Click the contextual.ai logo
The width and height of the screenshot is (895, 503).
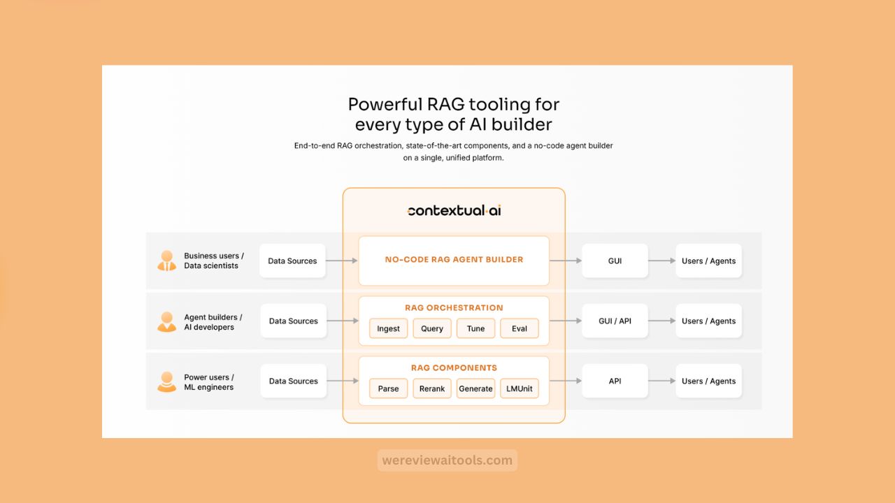(x=454, y=210)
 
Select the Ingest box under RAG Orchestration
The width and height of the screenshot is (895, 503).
(x=388, y=328)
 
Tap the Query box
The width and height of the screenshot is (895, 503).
(x=432, y=328)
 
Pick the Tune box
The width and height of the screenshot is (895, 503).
(x=475, y=328)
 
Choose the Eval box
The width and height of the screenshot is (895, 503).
(x=520, y=328)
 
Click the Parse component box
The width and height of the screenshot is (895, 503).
(x=388, y=388)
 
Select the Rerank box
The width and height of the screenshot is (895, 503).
(x=432, y=388)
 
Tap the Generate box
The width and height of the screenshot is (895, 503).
(x=475, y=388)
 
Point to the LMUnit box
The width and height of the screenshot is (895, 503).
(x=520, y=388)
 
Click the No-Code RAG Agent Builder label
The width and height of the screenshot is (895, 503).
(x=454, y=260)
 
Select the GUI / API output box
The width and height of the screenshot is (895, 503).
(x=615, y=321)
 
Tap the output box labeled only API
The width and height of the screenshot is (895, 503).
(x=615, y=381)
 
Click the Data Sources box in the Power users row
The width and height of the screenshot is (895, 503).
(x=293, y=381)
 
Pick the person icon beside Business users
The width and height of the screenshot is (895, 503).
(x=166, y=261)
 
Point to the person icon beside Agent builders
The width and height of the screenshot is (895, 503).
(x=166, y=321)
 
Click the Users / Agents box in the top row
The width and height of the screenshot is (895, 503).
(x=708, y=261)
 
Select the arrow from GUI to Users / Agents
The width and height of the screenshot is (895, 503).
(x=661, y=261)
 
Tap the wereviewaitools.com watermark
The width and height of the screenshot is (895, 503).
(x=447, y=460)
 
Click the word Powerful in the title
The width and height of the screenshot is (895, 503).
(x=385, y=105)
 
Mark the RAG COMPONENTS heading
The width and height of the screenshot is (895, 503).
(x=454, y=367)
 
